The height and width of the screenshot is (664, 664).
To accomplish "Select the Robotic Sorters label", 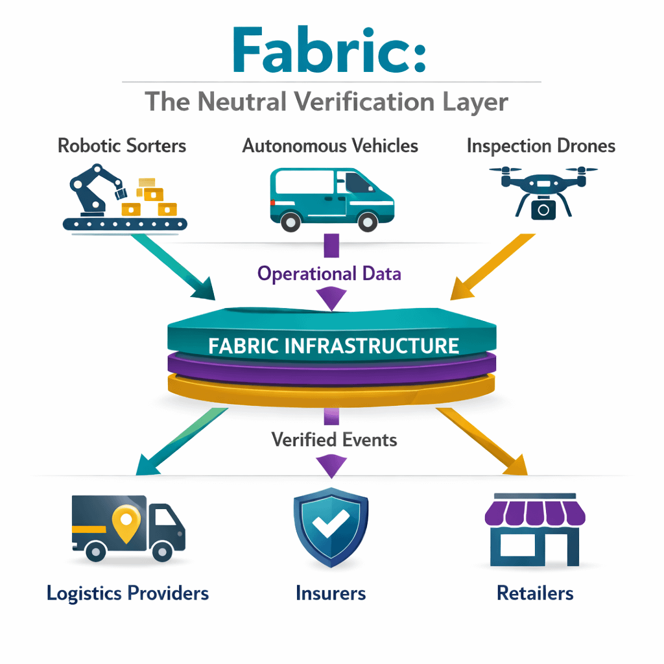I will coord(122,145).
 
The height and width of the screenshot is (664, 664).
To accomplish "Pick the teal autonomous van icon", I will coord(331,198).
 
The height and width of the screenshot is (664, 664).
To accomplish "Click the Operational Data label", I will coord(329,274).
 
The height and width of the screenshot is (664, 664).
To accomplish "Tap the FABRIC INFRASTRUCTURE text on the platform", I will coord(333,345).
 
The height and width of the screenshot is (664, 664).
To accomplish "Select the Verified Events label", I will coord(334,440).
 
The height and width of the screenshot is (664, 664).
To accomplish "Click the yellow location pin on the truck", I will coord(125,521).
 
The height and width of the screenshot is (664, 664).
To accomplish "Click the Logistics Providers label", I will coord(128,593).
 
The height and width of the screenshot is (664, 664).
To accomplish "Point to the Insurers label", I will coord(331,593).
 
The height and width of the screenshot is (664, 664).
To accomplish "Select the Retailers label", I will coord(535,593).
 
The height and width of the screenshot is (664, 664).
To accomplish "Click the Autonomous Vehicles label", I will coord(330,145).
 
